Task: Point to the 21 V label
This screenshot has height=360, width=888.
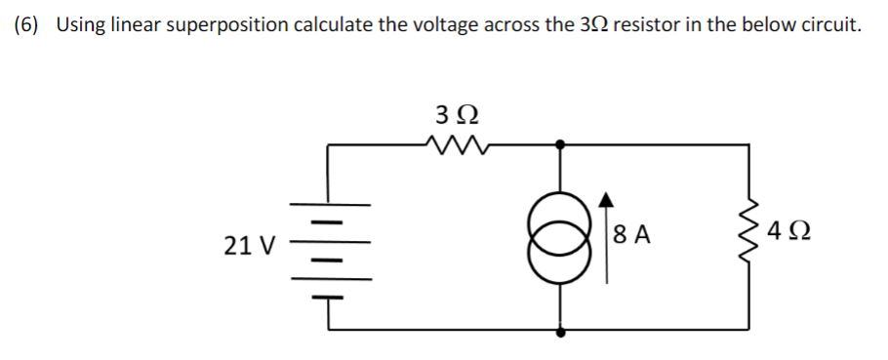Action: tap(246, 245)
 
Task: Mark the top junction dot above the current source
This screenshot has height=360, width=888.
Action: tap(560, 144)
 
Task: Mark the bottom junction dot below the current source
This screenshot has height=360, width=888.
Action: tap(560, 331)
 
